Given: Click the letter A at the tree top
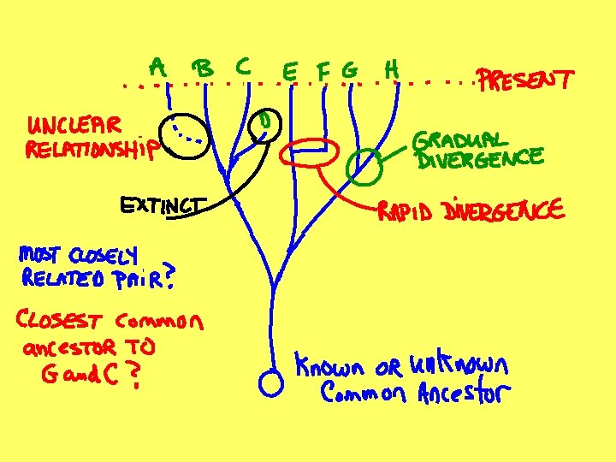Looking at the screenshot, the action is point(158,66).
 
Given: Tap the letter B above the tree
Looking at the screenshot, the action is point(204,68).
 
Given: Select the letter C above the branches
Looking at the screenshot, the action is point(243,65).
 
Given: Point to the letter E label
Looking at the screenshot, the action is point(291,74).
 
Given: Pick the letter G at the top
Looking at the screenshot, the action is point(349,72).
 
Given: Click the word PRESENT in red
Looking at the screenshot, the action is point(525,82).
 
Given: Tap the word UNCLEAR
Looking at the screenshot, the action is point(74,126).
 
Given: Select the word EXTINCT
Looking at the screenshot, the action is point(163,204).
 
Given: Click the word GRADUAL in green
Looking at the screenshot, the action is point(460,139).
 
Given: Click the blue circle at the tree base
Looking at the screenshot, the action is point(270,383).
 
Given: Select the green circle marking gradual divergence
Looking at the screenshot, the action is point(364,165).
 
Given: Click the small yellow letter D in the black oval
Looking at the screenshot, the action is point(265,122).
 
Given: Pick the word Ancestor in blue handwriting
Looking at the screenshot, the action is point(463,394).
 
